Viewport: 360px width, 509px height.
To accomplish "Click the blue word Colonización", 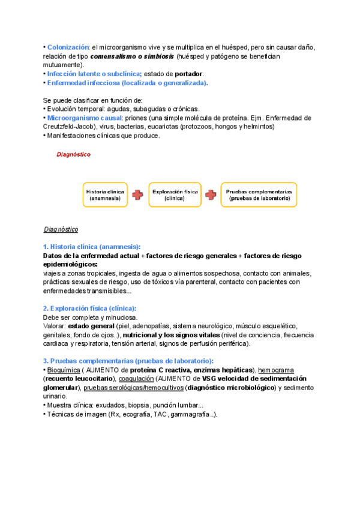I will coord(68,47).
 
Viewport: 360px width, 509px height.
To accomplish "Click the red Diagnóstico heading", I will coord(74,154).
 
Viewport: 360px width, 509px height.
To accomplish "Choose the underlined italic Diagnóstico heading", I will coord(61,229).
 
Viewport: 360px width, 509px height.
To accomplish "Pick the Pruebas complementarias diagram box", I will coord(259,194).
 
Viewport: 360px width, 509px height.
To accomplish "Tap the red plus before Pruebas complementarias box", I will coord(211,194).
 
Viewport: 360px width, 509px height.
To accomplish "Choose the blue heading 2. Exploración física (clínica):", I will coord(89,308).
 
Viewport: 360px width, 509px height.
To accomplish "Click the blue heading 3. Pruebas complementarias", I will coord(128,361).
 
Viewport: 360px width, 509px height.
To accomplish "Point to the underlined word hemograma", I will coord(275,370).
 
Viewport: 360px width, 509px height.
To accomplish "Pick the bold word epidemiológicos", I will coord(70,264).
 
